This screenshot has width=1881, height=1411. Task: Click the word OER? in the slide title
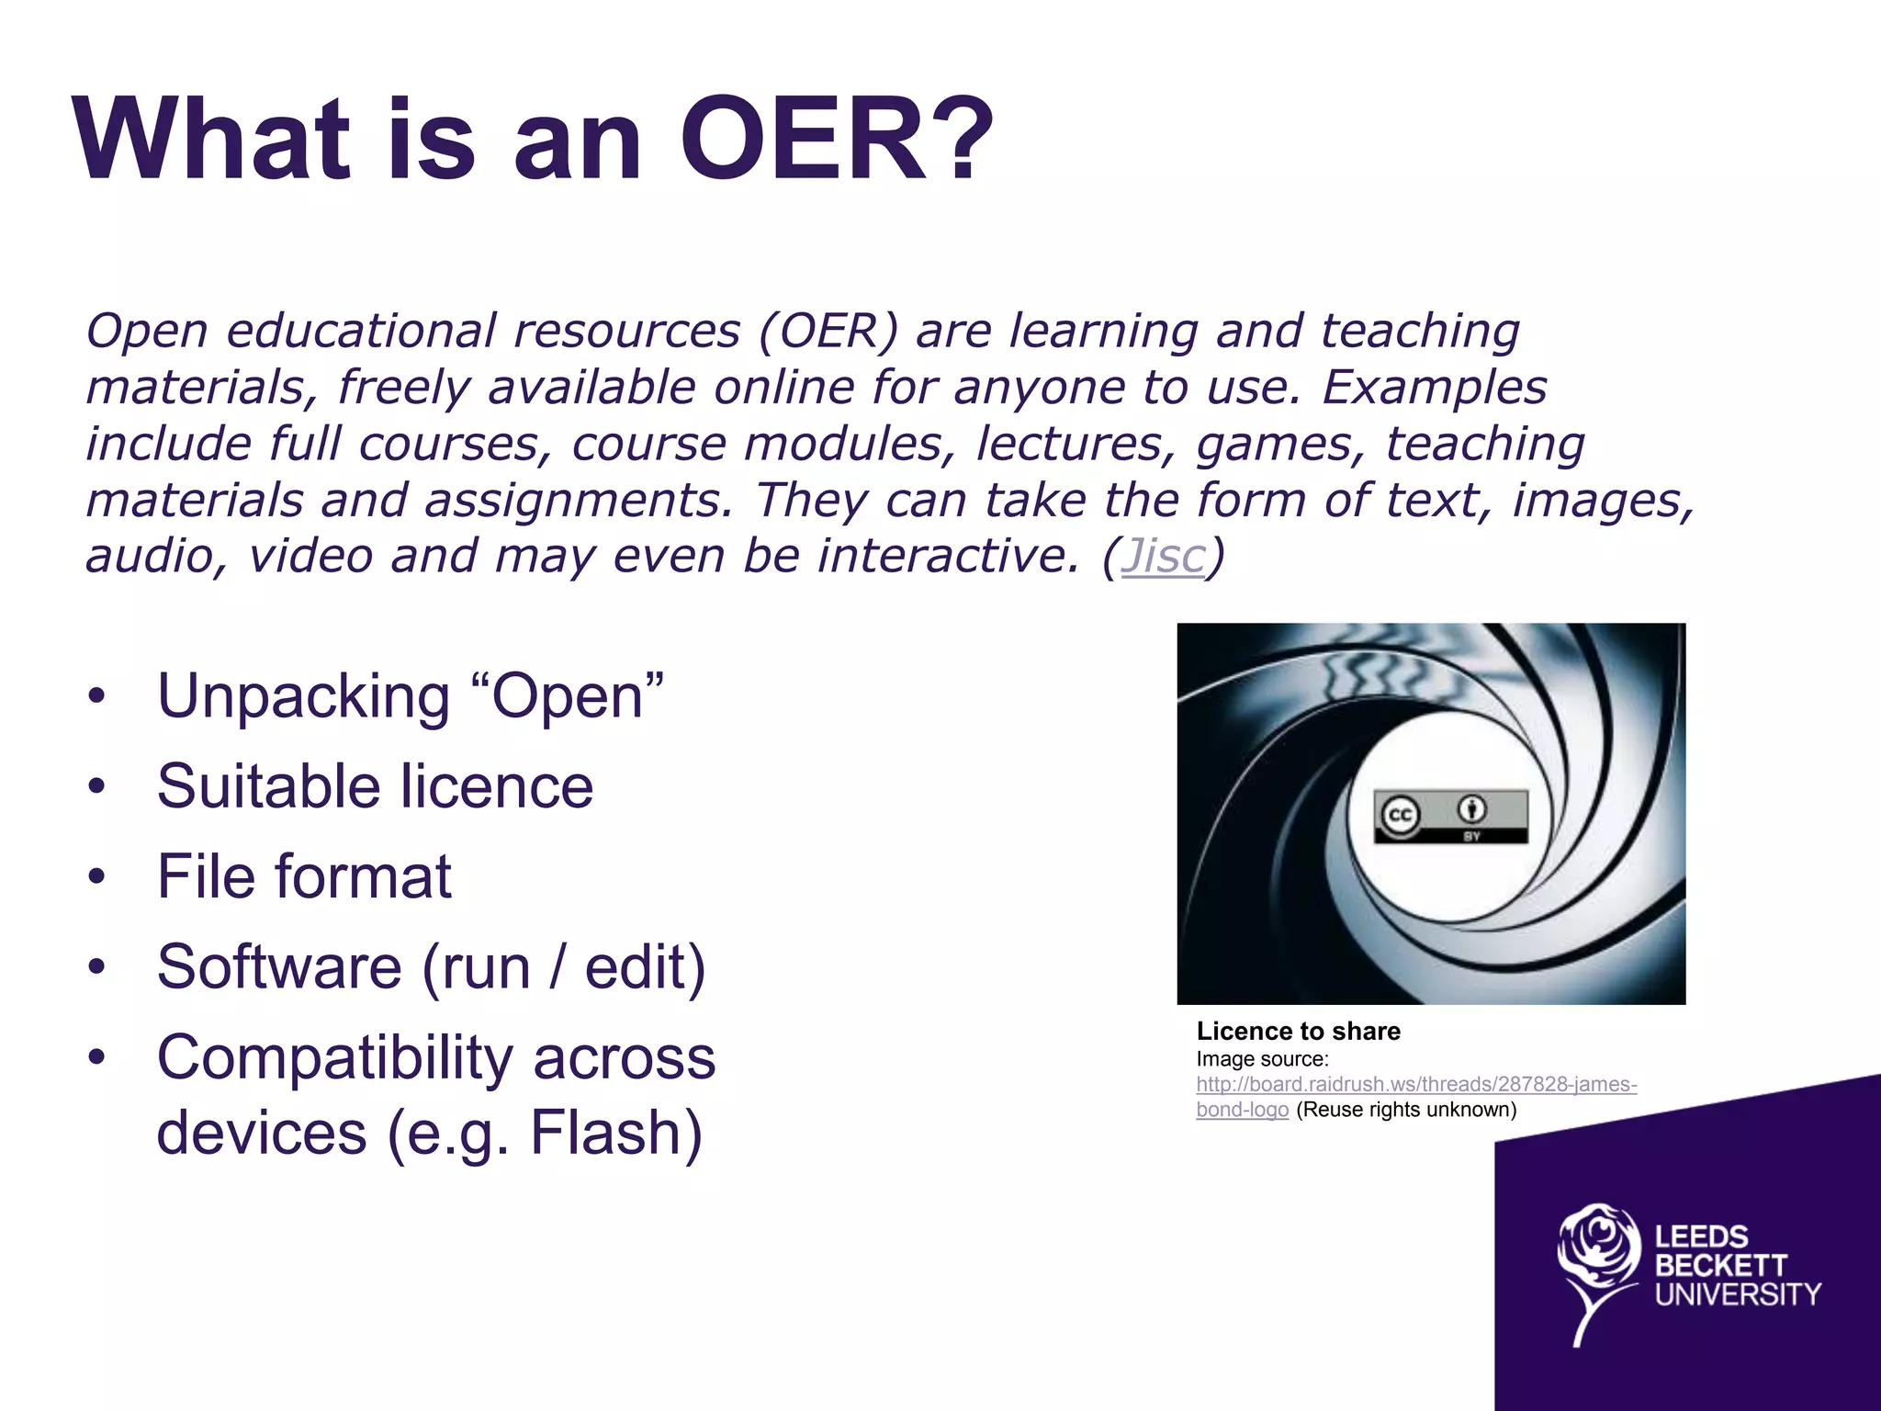[836, 140]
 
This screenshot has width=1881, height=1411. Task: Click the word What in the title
[213, 140]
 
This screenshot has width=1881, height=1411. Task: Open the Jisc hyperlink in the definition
[1163, 556]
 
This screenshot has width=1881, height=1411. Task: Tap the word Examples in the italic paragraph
[1434, 387]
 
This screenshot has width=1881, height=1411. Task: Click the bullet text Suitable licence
[375, 786]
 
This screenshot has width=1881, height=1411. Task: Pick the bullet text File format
[303, 876]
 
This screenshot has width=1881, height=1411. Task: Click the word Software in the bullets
[279, 966]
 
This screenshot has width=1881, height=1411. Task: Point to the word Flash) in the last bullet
[616, 1132]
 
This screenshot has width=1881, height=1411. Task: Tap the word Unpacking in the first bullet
[303, 696]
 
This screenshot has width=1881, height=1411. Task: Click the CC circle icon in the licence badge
[1400, 815]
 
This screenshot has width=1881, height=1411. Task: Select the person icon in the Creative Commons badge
[1473, 809]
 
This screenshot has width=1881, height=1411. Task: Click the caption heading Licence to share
[1298, 1031]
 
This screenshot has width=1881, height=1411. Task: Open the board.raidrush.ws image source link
[1415, 1085]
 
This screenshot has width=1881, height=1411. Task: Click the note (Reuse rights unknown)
[1405, 1110]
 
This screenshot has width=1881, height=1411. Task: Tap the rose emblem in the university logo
[1598, 1259]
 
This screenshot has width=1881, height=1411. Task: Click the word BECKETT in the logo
[1720, 1266]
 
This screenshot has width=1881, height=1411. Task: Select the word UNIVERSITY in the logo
[1737, 1294]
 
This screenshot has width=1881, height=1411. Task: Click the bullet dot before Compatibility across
[97, 1057]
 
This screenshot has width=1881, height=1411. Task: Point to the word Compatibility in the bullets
[334, 1057]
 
